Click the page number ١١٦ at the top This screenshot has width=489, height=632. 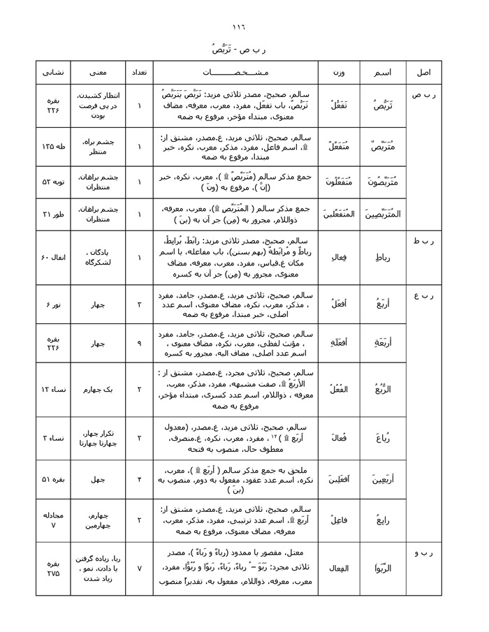244,27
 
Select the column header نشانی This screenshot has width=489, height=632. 53,73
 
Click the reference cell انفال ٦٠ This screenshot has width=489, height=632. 53,258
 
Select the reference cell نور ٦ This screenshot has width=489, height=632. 53,305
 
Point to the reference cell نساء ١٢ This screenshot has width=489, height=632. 53,389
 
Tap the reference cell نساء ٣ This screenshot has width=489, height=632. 53,438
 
